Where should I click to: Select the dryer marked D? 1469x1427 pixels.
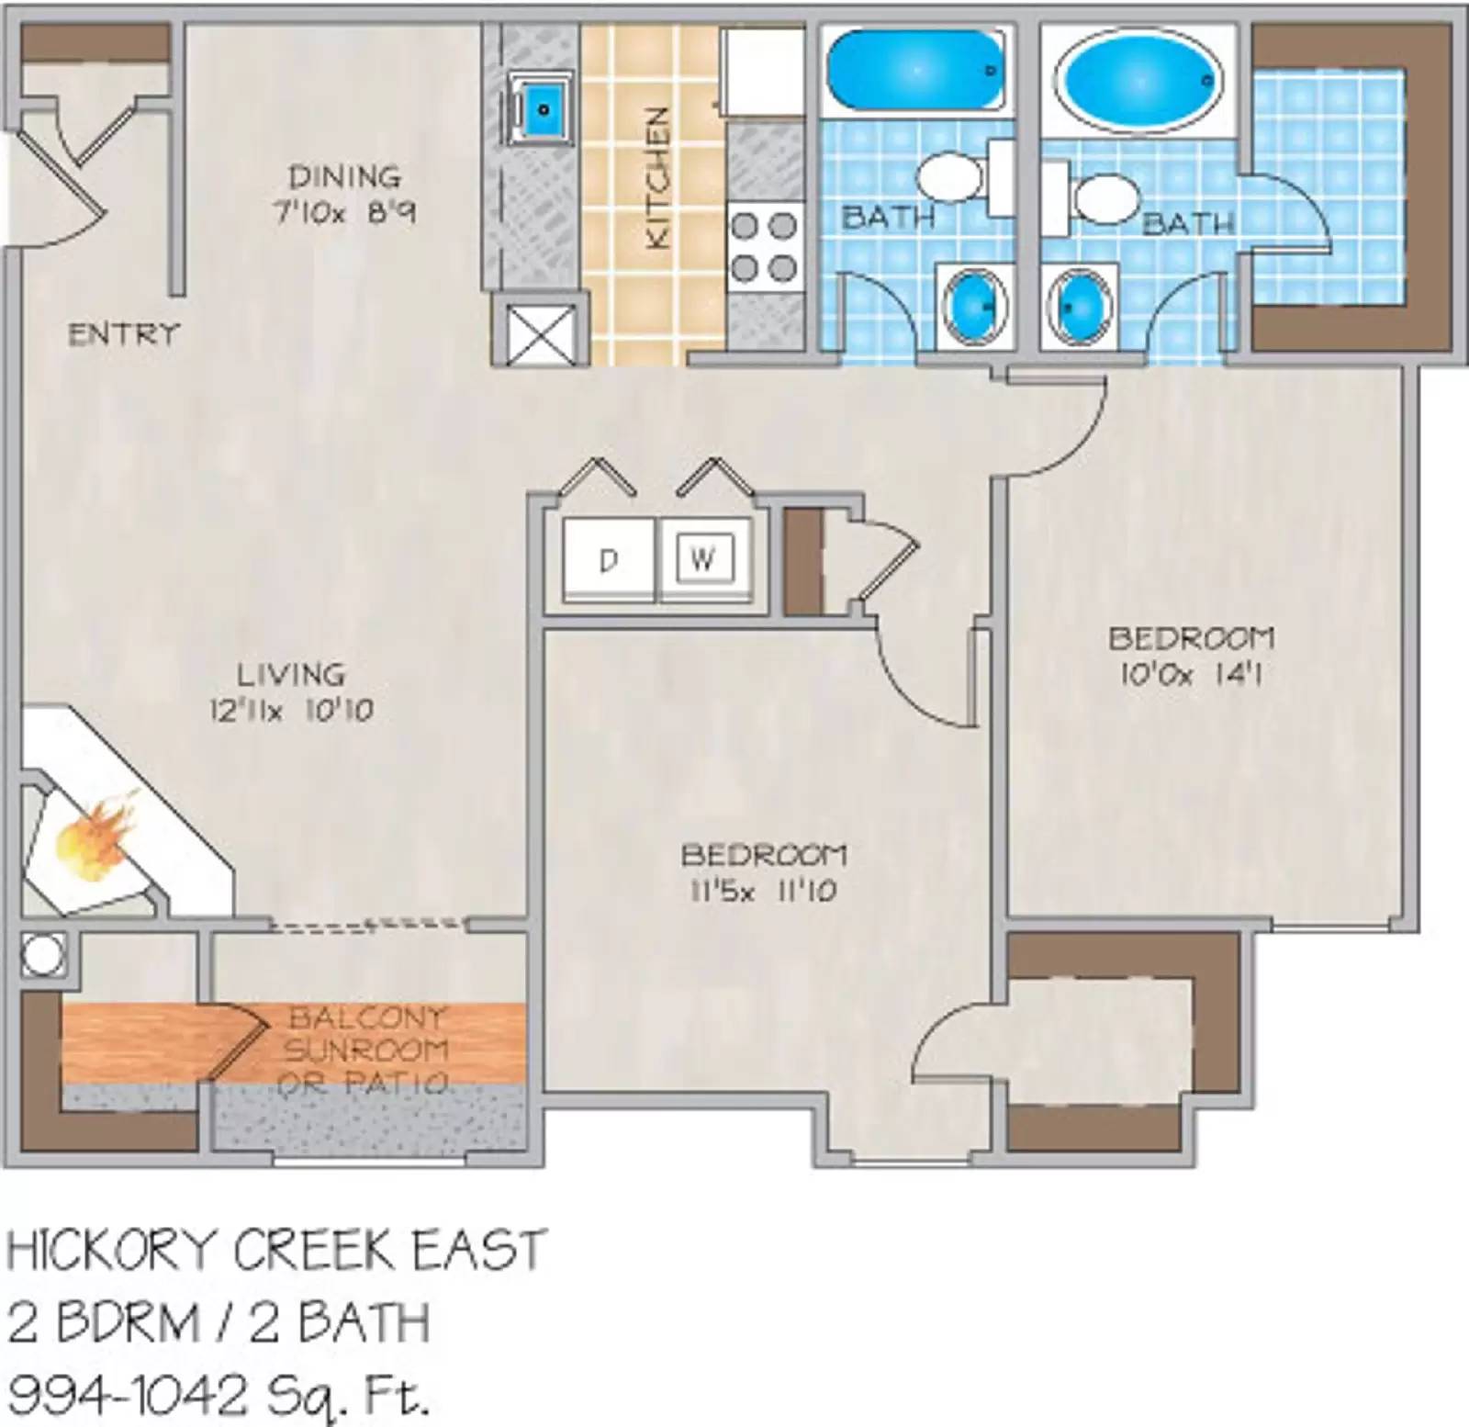[608, 559]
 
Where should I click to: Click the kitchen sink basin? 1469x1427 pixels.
[543, 109]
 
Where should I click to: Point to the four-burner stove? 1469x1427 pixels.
[764, 246]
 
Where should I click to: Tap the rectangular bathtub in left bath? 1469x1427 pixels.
[914, 71]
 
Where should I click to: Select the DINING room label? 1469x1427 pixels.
[344, 175]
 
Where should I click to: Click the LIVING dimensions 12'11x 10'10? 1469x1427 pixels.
[291, 711]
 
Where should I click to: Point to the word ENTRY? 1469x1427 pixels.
[123, 333]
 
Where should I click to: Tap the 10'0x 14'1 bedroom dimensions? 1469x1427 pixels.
[1191, 675]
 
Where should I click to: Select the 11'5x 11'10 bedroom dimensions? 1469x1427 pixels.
[763, 891]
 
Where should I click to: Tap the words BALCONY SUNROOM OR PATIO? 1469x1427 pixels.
[366, 1050]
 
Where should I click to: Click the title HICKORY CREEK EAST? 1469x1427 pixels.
[276, 1250]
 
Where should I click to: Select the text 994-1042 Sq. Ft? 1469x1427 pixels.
[219, 1395]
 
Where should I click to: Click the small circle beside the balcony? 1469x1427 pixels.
[42, 955]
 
